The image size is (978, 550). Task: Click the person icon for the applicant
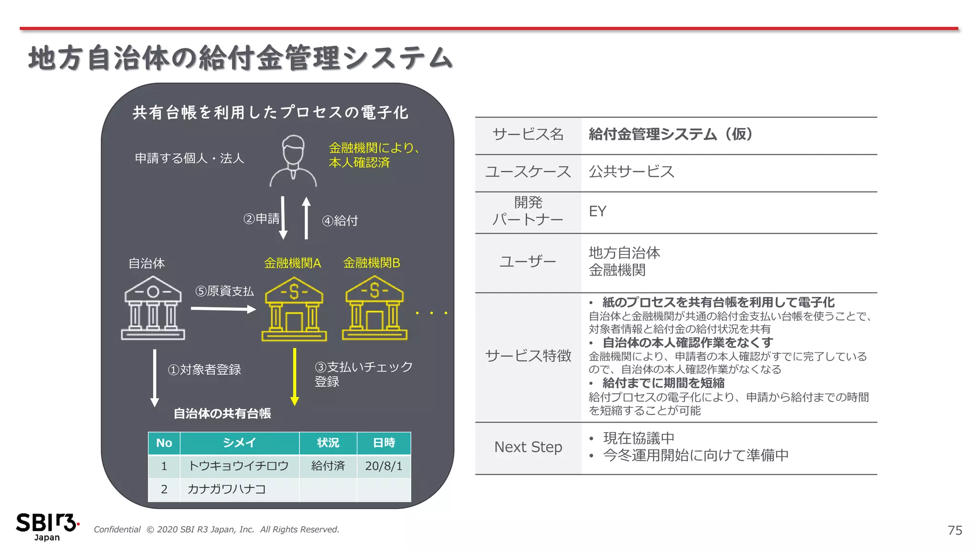pos(293,162)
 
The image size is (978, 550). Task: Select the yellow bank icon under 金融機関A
pos(294,309)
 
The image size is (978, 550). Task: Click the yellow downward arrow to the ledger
pos(295,377)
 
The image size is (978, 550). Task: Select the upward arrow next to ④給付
pos(307,218)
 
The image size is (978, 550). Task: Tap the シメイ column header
pos(239,443)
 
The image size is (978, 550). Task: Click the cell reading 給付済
pos(328,466)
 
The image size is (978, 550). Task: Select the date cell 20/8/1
pos(383,466)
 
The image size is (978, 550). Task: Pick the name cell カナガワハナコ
pos(226,489)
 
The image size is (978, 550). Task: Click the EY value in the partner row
pos(597,212)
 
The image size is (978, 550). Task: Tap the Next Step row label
pos(528,447)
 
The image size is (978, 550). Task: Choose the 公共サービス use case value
pos(631,171)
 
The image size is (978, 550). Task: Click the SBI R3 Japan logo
pos(47,527)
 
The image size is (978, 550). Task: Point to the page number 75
pos(955,530)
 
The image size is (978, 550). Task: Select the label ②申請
pos(261,219)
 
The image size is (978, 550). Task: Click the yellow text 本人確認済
pos(359,163)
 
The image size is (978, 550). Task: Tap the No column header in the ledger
pos(164,443)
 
